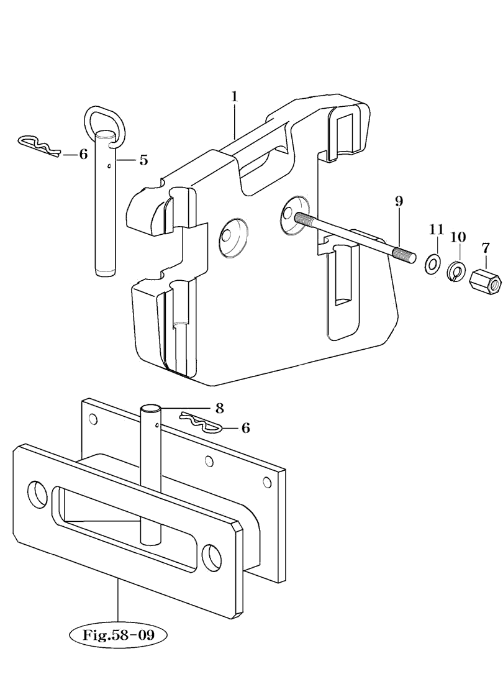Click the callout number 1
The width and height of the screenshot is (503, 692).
235,96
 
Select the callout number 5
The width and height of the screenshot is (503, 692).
143,160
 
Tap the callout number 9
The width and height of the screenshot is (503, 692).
399,202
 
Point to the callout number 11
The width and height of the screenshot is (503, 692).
437,229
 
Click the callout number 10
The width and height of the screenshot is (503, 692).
458,237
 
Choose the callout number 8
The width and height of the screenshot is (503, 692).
219,408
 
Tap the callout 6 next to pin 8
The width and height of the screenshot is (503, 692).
245,427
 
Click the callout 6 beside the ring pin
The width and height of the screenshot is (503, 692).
83,155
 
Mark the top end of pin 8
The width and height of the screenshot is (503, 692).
150,408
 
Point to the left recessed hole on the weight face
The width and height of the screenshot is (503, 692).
233,236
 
